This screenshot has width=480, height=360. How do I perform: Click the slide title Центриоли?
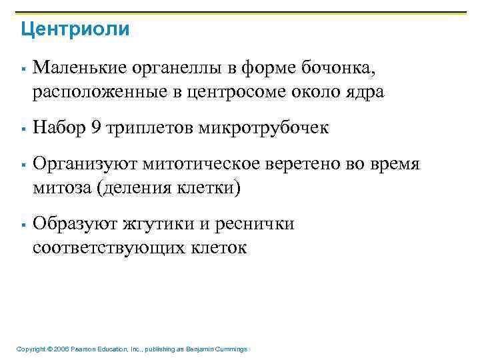click(75, 29)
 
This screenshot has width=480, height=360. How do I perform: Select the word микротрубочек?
click(263, 128)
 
